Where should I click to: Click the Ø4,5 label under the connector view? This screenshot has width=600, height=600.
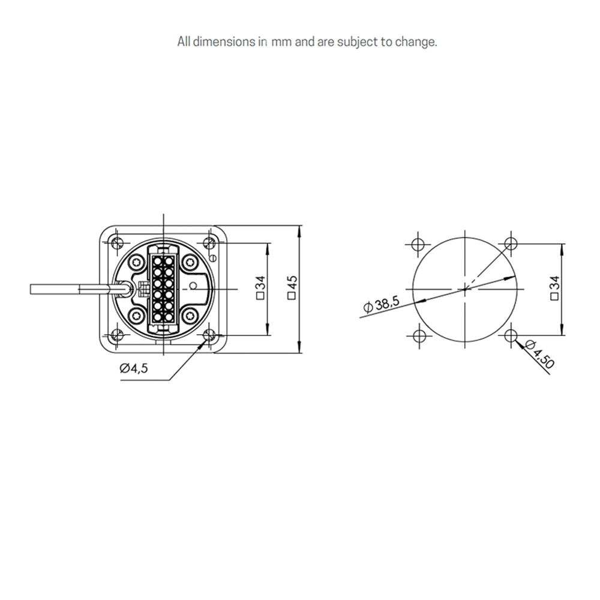(x=134, y=368)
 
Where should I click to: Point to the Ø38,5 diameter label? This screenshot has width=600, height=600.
(x=382, y=305)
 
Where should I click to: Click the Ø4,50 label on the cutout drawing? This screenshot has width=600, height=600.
(x=540, y=354)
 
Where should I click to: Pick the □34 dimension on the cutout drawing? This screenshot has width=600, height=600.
(x=554, y=288)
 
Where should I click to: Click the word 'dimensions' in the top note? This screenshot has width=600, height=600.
(x=224, y=42)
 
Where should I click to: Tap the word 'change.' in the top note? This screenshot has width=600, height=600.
(x=416, y=42)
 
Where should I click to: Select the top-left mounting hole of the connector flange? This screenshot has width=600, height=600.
(x=116, y=242)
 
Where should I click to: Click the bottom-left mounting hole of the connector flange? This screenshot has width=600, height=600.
(x=116, y=335)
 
